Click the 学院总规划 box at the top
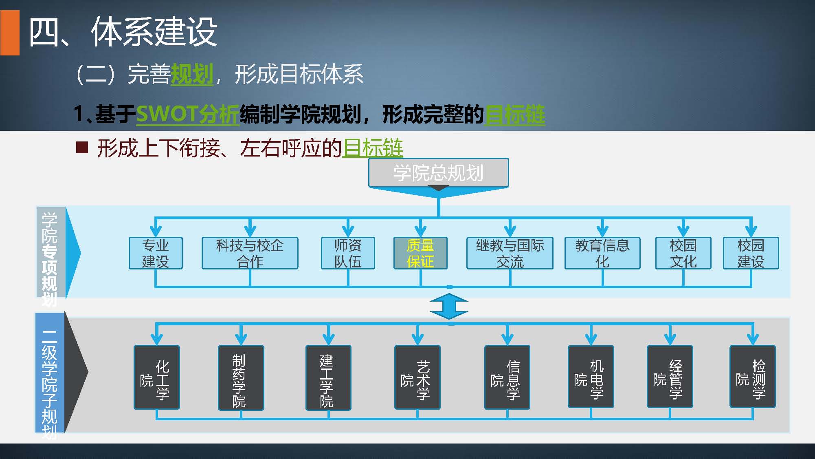click(438, 173)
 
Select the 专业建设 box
click(156, 253)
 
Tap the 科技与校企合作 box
click(250, 253)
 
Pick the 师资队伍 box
click(348, 253)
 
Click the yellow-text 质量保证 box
click(420, 253)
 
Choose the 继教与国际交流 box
click(510, 253)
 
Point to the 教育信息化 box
click(602, 253)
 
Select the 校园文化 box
click(683, 253)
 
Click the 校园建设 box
click(751, 253)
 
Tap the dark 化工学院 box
click(157, 377)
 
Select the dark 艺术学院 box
click(417, 377)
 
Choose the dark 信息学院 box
click(507, 377)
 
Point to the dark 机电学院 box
click(591, 377)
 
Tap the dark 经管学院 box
click(670, 377)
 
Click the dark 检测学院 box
click(752, 377)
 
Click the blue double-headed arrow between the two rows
click(449, 306)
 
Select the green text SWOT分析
click(187, 114)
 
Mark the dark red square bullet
click(82, 147)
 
